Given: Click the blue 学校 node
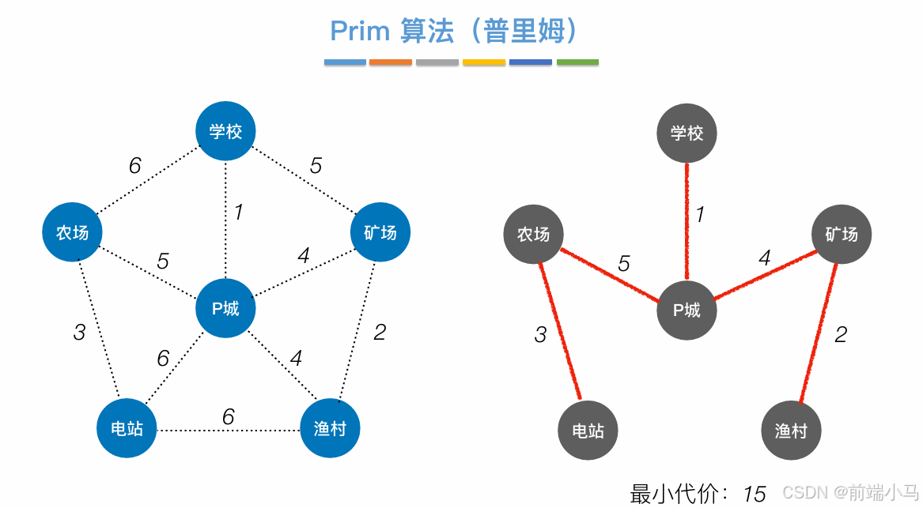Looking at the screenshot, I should tap(226, 132).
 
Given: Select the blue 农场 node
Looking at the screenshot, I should tap(72, 233).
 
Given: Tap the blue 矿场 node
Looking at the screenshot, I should tap(380, 233).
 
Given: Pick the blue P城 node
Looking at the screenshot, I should tap(226, 309).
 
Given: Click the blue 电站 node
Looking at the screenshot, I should tap(127, 429).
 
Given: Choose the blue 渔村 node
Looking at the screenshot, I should tap(330, 429).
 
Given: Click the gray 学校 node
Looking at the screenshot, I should tap(687, 134).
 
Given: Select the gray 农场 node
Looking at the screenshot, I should tap(533, 235).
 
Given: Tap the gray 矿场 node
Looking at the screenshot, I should tap(841, 235).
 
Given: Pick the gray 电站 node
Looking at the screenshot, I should tap(588, 431).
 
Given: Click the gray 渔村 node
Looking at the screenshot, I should tap(791, 431).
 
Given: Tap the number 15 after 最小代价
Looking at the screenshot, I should tap(755, 495).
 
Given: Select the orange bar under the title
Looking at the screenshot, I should tap(391, 62).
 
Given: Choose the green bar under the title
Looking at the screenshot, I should tap(577, 62).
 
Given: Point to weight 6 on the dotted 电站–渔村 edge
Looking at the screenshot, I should tap(229, 416).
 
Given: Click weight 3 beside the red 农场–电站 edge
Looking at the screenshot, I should tap(540, 335).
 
